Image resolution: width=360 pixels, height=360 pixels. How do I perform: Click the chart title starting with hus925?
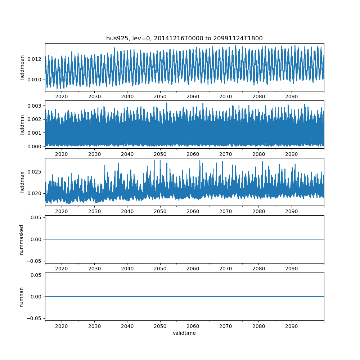pyautogui.click(x=184, y=38)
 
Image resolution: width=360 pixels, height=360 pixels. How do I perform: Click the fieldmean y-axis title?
pyautogui.click(x=22, y=67)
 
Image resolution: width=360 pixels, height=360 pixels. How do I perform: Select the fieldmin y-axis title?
pyautogui.click(x=22, y=125)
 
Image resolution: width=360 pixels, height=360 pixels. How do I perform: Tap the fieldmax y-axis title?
pyautogui.click(x=22, y=182)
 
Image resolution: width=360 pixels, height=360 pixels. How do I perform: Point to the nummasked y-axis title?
pyautogui.click(x=22, y=239)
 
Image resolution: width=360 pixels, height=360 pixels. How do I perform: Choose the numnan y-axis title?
pyautogui.click(x=22, y=297)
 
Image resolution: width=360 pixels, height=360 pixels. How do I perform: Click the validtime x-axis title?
pyautogui.click(x=184, y=333)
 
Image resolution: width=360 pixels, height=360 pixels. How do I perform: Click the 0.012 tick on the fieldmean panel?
pyautogui.click(x=36, y=59)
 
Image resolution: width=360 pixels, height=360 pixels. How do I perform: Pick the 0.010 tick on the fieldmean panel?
pyautogui.click(x=36, y=80)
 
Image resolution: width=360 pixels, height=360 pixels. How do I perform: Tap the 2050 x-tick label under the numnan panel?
pyautogui.click(x=160, y=326)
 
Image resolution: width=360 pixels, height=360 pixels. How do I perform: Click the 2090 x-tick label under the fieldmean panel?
pyautogui.click(x=291, y=97)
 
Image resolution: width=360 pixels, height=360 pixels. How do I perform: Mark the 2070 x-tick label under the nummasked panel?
pyautogui.click(x=226, y=269)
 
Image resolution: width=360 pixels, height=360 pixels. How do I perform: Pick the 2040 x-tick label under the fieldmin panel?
pyautogui.click(x=127, y=154)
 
